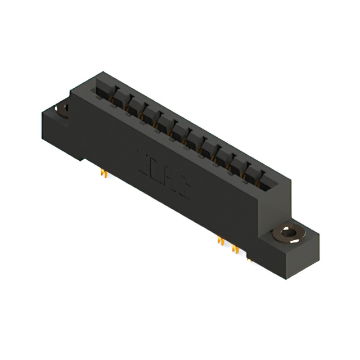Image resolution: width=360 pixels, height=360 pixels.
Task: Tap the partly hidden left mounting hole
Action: click(x=62, y=107)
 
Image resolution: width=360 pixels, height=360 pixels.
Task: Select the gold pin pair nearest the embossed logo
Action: click(x=220, y=240)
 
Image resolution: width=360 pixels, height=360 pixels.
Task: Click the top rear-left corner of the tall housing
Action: click(x=101, y=73)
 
